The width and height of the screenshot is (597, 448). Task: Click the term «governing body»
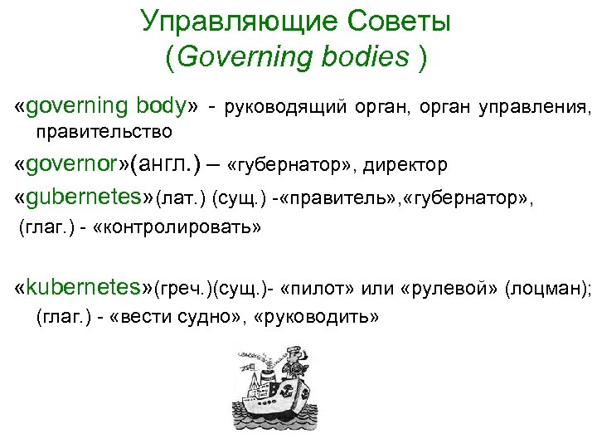pos(107,106)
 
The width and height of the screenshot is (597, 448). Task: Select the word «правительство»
pos(104,131)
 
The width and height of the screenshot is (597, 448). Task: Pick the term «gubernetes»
pos(80,197)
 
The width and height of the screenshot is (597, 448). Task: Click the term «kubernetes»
pos(80,288)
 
